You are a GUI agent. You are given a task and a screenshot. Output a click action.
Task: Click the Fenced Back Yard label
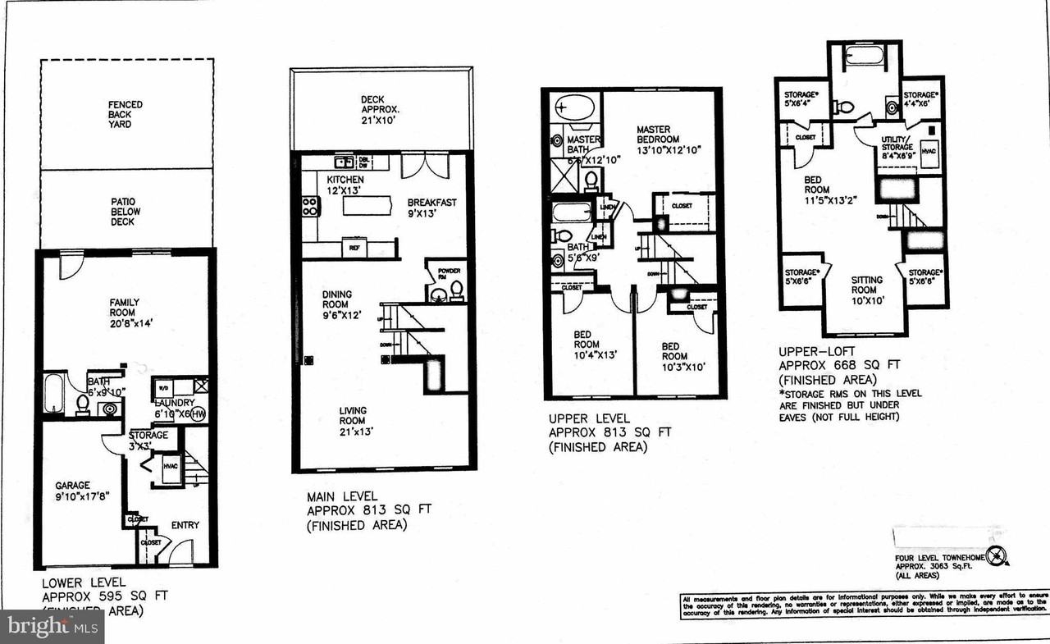[125, 114]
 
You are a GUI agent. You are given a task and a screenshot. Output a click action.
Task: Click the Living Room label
[353, 416]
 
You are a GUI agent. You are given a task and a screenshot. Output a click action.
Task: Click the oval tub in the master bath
[572, 107]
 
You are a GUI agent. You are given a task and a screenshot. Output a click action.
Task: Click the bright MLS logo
[52, 628]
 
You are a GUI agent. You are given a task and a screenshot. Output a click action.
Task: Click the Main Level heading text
[342, 496]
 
